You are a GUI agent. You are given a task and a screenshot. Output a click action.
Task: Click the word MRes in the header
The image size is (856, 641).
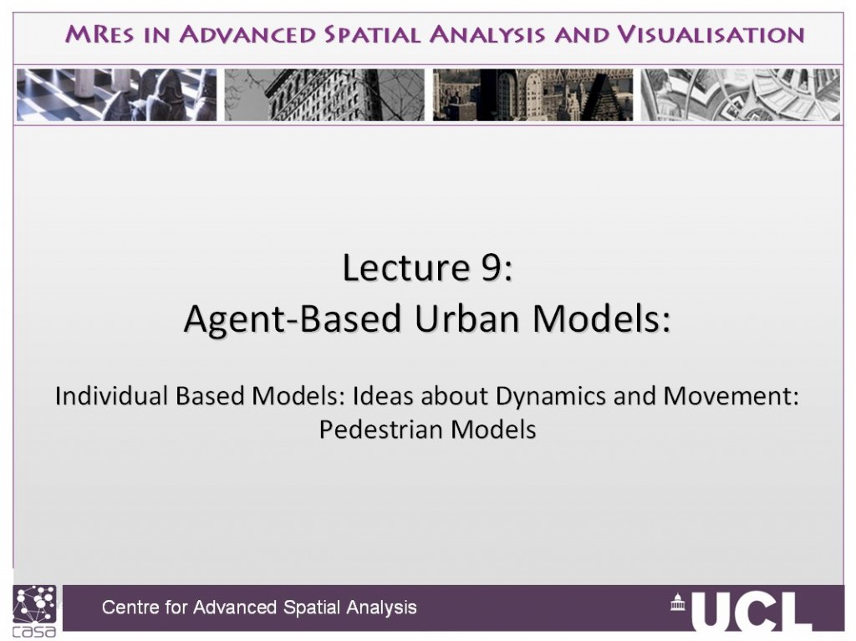99,34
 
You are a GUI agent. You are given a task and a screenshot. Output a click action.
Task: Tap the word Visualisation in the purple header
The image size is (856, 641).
711,34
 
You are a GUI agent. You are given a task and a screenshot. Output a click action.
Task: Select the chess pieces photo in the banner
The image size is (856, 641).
116,94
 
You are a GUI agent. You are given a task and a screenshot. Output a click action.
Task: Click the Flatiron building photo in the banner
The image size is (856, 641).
324,94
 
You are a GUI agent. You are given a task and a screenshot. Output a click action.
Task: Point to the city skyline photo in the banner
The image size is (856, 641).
532,94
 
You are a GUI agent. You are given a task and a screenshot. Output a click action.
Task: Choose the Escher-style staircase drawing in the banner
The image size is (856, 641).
741,94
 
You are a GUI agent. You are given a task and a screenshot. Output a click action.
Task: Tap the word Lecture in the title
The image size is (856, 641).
406,267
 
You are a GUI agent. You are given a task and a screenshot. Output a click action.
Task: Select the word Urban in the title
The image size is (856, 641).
466,318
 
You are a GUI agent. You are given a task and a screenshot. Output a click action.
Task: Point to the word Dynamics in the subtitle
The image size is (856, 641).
550,396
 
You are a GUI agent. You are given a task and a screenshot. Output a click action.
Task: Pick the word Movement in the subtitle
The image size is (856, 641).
726,396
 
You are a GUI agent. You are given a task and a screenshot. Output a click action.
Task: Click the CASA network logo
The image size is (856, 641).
34,611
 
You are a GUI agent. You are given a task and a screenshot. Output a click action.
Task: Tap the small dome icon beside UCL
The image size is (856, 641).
677,603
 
